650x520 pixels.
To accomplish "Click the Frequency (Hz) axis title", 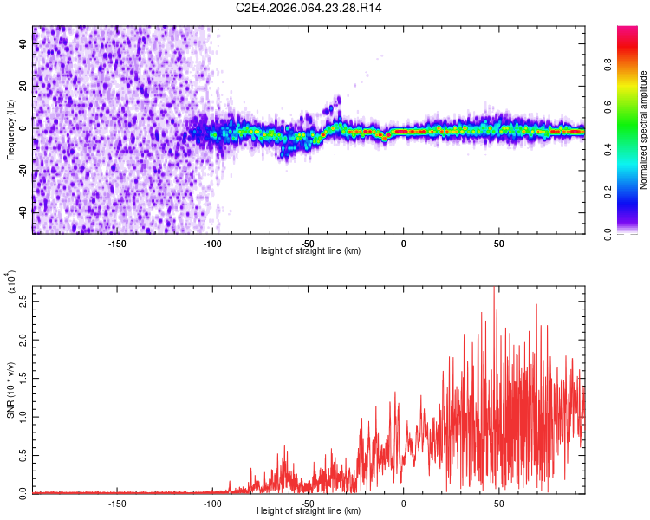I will click(x=10, y=130).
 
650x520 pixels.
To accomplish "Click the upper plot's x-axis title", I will click(x=309, y=250).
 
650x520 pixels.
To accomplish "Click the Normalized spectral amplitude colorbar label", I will click(x=644, y=130).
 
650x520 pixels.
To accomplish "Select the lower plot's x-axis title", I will click(x=309, y=511).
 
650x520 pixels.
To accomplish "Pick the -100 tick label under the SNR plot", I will click(x=212, y=503).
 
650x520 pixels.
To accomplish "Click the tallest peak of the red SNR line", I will click(x=494, y=287).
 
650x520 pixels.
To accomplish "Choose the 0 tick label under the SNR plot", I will click(x=403, y=503).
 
